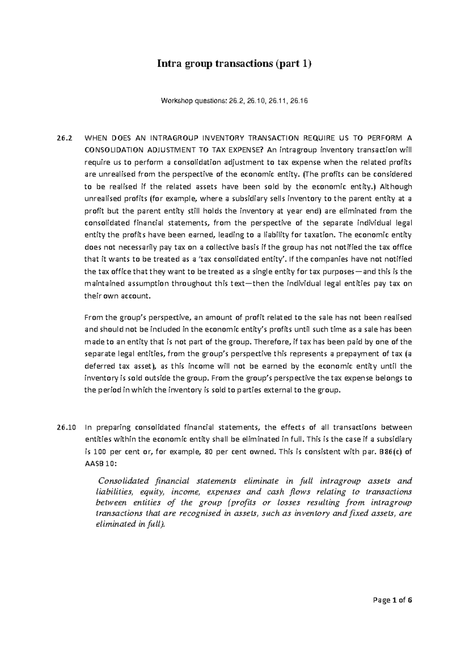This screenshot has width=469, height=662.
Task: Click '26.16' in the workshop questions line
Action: pyautogui.click(x=299, y=101)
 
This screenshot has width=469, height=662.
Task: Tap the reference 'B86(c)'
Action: pyautogui.click(x=387, y=452)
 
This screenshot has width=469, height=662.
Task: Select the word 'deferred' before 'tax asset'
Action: pyautogui.click(x=98, y=366)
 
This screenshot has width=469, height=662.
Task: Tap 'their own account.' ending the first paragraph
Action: pyautogui.click(x=117, y=296)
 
